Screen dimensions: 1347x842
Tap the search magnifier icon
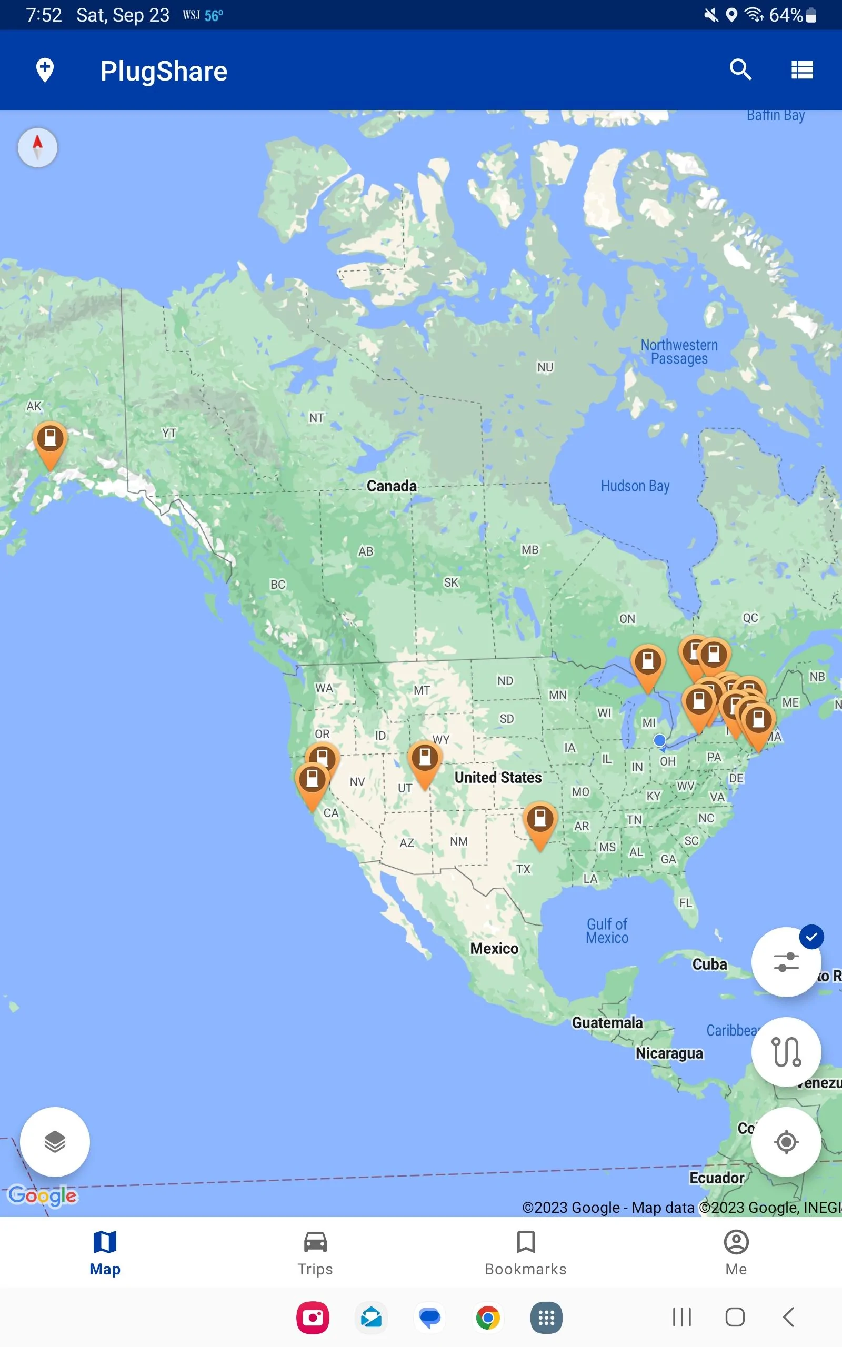pyautogui.click(x=740, y=70)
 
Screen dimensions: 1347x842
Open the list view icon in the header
pyautogui.click(x=802, y=70)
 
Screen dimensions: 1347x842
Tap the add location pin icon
pyautogui.click(x=45, y=70)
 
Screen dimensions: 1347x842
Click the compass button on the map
pyautogui.click(x=37, y=147)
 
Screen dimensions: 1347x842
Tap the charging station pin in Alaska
pyautogui.click(x=50, y=440)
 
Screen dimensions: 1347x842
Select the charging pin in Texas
pyautogui.click(x=539, y=820)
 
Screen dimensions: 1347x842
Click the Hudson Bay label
pyautogui.click(x=635, y=486)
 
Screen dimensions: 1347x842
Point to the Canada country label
pyautogui.click(x=392, y=486)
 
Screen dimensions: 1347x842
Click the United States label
pyautogui.click(x=498, y=778)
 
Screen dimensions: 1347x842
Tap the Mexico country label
pyautogui.click(x=494, y=949)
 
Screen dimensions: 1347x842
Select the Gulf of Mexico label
pyautogui.click(x=607, y=931)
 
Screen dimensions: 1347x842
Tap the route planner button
pyautogui.click(x=786, y=1051)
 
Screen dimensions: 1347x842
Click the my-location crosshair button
pyautogui.click(x=786, y=1142)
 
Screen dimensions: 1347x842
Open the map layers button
pyautogui.click(x=55, y=1142)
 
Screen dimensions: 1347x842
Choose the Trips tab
pyautogui.click(x=315, y=1253)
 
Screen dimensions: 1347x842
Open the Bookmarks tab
pyautogui.click(x=526, y=1253)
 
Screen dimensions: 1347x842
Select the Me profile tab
pyautogui.click(x=736, y=1253)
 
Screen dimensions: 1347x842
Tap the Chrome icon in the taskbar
pyautogui.click(x=488, y=1318)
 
